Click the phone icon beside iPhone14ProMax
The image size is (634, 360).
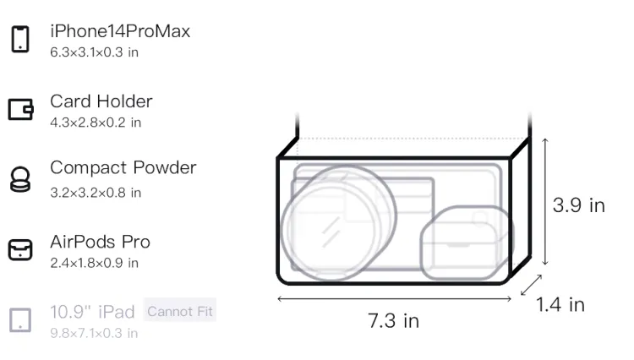pos(20,39)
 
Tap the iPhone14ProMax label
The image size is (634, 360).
pos(120,31)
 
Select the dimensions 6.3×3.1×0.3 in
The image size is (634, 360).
pos(94,52)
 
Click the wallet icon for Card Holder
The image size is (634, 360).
pos(20,109)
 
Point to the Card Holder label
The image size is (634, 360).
pos(101,101)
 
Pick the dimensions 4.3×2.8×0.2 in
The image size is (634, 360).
pos(96,123)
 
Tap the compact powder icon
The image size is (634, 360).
pos(20,179)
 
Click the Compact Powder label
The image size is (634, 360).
pos(123,167)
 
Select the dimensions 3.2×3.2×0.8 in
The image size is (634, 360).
pos(96,193)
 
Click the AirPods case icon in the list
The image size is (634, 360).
pos(20,249)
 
